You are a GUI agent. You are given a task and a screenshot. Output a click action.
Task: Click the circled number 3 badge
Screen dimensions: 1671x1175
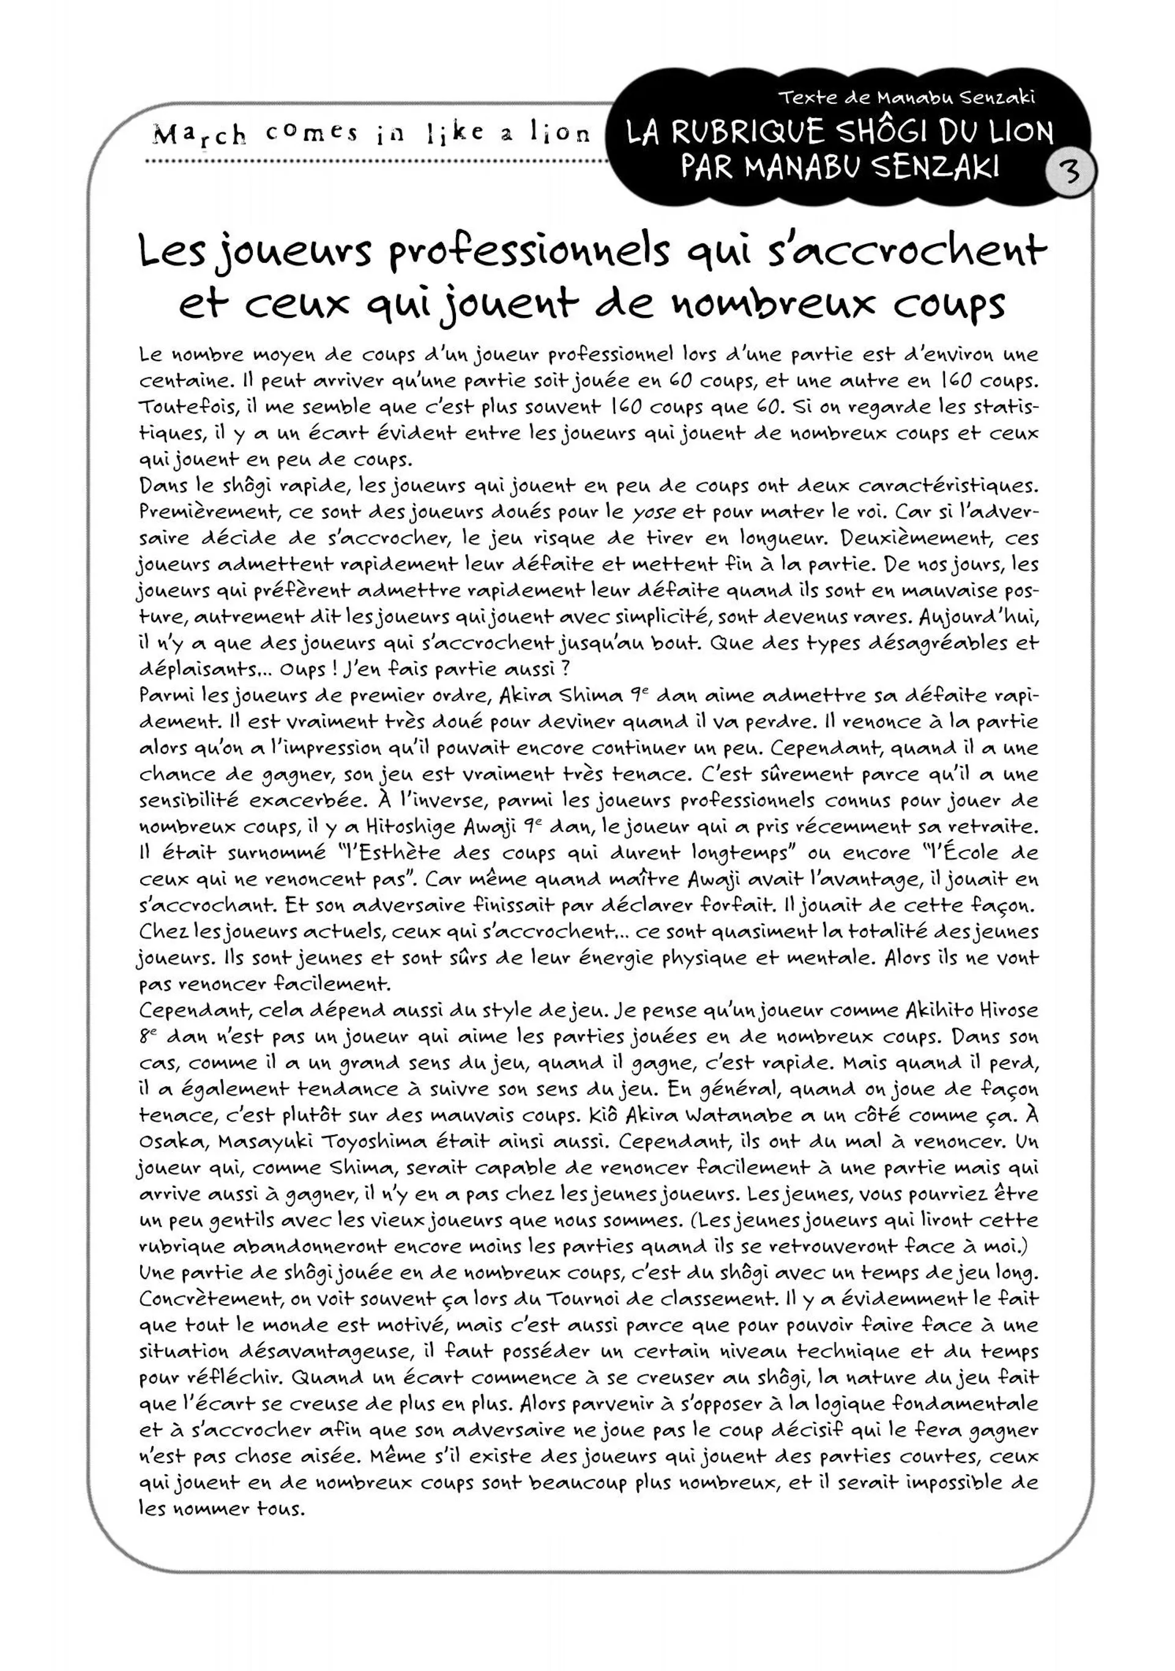tap(1070, 174)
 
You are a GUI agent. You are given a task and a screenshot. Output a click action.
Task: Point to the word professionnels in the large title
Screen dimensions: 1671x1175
tap(529, 252)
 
